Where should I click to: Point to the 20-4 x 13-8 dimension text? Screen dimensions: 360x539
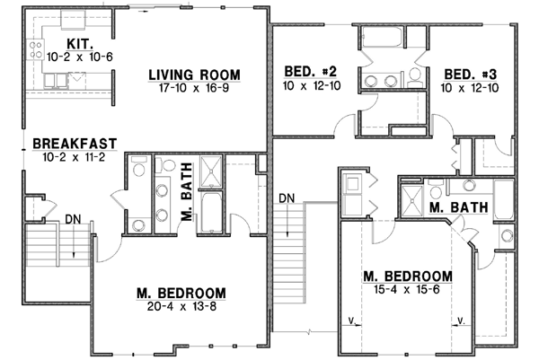coord(181,307)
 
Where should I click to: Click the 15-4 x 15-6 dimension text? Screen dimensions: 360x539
coord(407,288)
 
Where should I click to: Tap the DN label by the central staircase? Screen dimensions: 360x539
coord(287,198)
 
